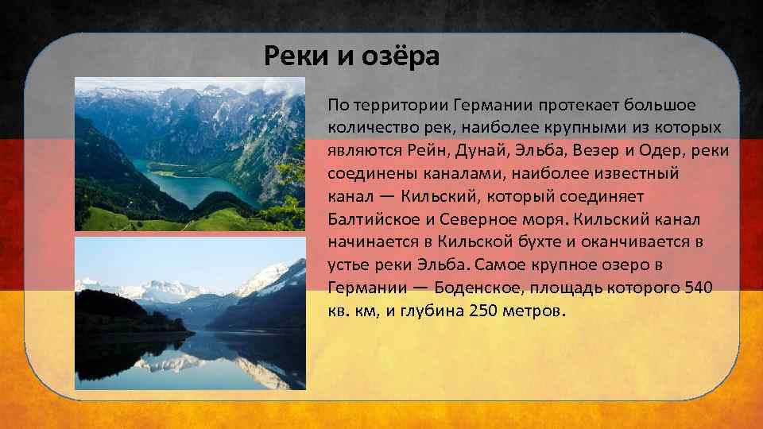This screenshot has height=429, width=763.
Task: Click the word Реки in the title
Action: point(290,56)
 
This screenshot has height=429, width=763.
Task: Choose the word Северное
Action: point(486,218)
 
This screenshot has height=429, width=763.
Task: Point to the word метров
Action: point(532,309)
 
